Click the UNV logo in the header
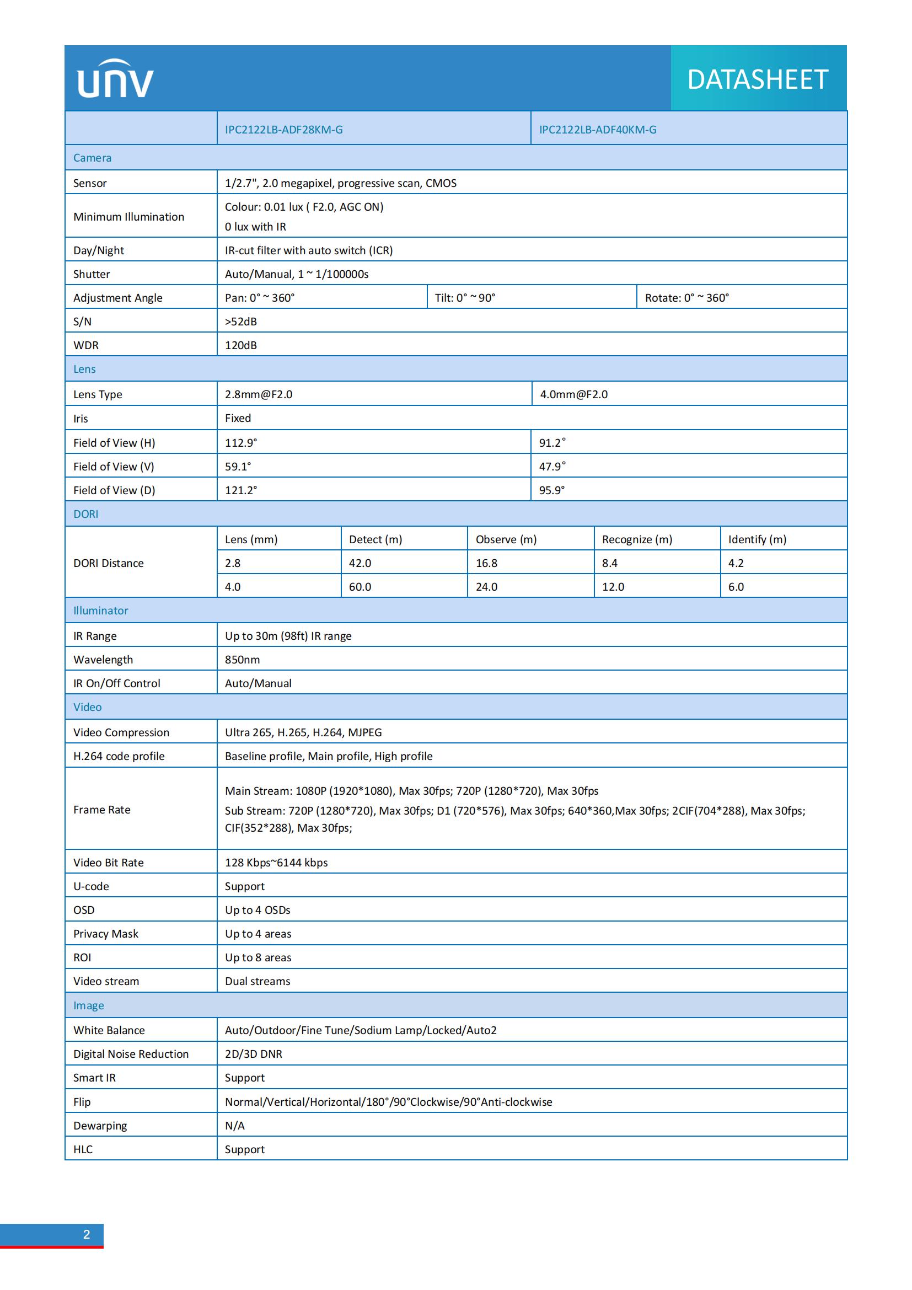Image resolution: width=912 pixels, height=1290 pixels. point(115,79)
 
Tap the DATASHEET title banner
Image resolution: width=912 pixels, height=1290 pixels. point(758,79)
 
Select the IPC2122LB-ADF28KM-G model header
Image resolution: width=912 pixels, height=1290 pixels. point(283,130)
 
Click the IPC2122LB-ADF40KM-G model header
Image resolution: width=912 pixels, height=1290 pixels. point(598,130)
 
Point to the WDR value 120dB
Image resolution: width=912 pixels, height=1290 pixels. point(241,346)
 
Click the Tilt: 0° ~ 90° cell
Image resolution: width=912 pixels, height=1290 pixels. point(465,298)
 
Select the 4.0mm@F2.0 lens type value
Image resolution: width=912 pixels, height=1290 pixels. point(573,394)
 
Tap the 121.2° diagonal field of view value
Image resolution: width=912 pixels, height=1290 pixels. point(241,490)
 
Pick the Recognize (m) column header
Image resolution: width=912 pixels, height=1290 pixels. point(637,539)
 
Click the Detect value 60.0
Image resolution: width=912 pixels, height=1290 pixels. point(360,587)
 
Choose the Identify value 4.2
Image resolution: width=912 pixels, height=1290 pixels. point(736,563)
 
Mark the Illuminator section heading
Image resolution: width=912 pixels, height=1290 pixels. point(100,611)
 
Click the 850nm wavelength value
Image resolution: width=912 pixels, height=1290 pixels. point(242,660)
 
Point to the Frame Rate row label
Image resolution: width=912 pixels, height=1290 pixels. point(101,810)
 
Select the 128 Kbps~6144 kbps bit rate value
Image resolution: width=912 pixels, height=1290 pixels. point(276,863)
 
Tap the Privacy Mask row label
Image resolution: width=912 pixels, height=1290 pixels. point(105,934)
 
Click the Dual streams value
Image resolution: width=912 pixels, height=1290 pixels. point(257,981)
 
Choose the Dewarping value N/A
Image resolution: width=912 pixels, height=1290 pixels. point(235,1126)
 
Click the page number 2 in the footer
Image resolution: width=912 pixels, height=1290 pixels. point(87,1234)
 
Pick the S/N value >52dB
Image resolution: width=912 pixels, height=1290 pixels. point(241,322)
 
